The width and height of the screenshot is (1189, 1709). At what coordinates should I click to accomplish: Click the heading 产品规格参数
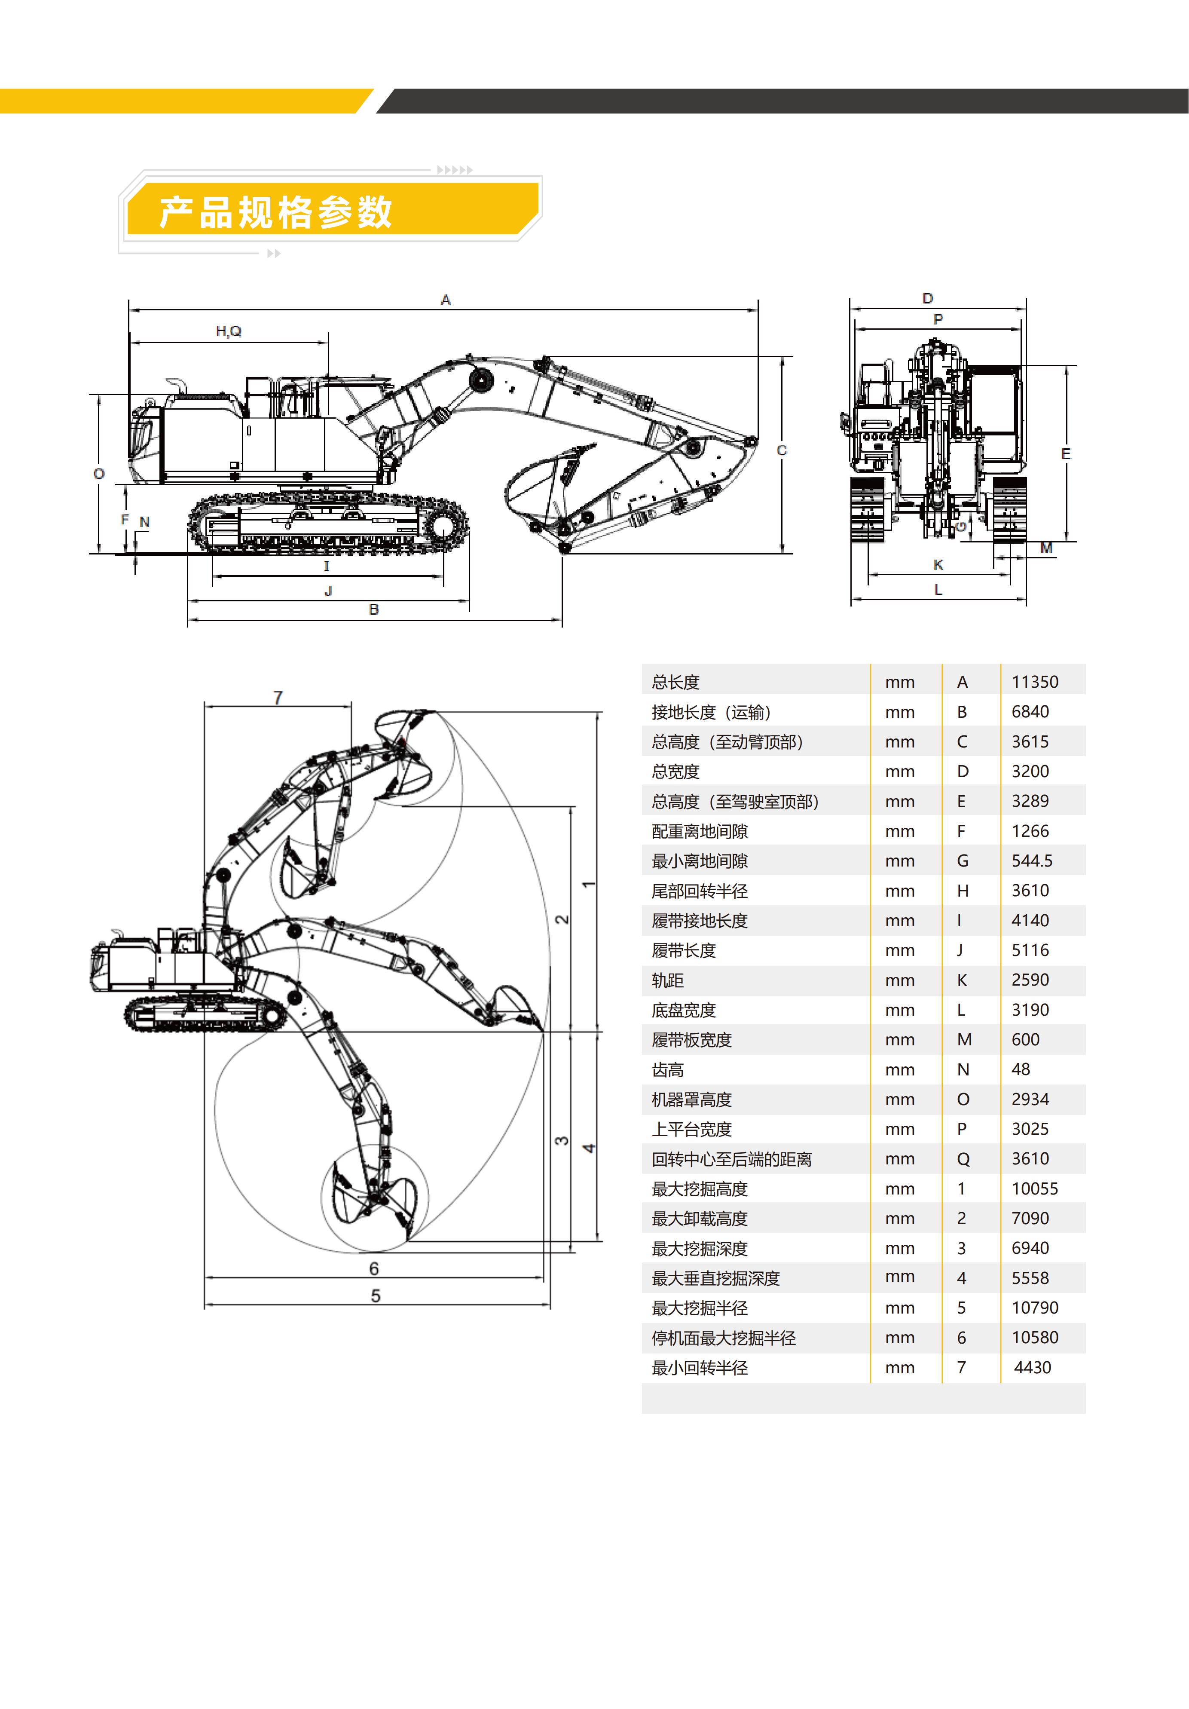(275, 212)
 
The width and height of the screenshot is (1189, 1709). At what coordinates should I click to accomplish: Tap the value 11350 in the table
(1034, 682)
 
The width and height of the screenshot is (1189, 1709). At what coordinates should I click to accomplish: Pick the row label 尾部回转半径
(700, 891)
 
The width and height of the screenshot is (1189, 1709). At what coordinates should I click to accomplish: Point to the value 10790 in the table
(1034, 1308)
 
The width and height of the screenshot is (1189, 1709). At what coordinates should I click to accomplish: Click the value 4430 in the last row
(1032, 1367)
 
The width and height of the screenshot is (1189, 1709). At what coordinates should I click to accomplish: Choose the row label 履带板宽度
(691, 1040)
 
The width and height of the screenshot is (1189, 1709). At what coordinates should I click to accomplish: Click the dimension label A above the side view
(446, 300)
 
